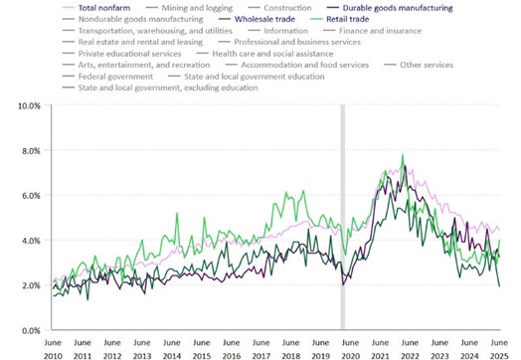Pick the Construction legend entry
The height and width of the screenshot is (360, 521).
coord(287,8)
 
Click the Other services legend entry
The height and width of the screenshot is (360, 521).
coord(427,65)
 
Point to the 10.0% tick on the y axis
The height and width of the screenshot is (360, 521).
coord(28,105)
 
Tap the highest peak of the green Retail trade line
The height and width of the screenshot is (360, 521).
coord(403,155)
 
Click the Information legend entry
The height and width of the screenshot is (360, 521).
coord(285,32)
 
